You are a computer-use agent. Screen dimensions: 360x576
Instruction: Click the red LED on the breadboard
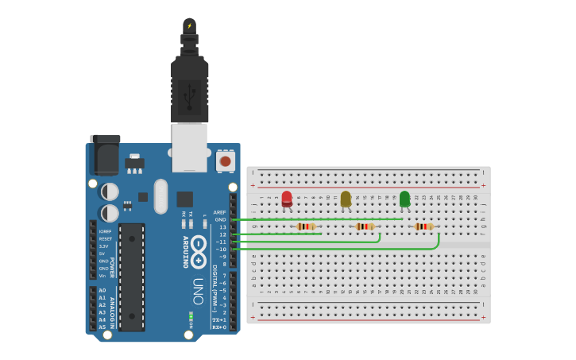[287, 199]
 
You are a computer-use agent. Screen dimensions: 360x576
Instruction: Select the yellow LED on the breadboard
[346, 199]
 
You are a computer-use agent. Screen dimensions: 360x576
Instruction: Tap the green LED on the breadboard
[404, 199]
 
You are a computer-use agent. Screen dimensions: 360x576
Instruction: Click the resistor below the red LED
[306, 226]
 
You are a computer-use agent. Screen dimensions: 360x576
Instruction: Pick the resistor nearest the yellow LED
[365, 226]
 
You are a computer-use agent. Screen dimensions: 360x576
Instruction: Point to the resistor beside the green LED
[423, 226]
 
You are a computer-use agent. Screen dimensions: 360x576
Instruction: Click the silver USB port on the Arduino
[189, 147]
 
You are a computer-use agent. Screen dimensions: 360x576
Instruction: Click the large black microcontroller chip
[132, 277]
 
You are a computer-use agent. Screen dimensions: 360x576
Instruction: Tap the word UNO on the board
[198, 291]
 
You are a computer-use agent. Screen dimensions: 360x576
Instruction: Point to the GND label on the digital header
[220, 219]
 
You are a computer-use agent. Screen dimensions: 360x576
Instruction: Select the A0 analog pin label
[102, 290]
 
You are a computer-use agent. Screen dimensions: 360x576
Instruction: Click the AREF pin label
[220, 212]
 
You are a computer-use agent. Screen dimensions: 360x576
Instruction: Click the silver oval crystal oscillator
[161, 195]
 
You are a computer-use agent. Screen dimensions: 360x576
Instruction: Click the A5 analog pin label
[102, 327]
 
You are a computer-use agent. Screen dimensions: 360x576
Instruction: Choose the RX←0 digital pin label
[219, 327]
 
